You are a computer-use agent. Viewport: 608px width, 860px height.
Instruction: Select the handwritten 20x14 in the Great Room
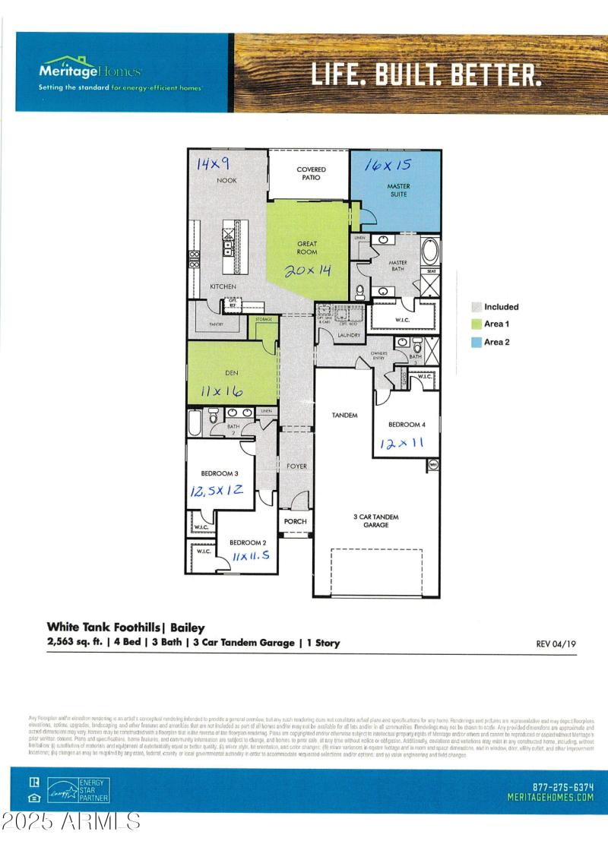click(x=308, y=270)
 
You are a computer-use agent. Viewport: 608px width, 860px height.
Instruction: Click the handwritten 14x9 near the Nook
click(x=213, y=163)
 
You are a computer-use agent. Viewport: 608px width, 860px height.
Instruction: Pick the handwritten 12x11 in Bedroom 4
click(x=400, y=443)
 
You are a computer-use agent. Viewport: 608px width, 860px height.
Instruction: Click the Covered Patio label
click(x=312, y=174)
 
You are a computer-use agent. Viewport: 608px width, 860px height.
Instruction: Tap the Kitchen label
click(x=223, y=286)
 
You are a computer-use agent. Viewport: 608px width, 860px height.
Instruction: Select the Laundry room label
click(x=338, y=334)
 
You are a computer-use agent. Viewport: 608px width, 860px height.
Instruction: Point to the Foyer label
click(x=296, y=466)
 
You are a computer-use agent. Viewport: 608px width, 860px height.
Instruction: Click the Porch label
click(x=295, y=521)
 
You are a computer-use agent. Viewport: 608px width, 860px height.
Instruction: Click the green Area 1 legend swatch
click(x=476, y=324)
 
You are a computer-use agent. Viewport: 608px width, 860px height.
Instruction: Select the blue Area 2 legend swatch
click(x=476, y=343)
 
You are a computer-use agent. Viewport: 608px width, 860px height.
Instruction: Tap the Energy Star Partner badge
click(x=78, y=790)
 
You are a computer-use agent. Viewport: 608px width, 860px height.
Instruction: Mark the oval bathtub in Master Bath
click(x=429, y=250)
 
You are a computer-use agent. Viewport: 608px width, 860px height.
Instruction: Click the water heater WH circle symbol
click(x=433, y=463)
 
